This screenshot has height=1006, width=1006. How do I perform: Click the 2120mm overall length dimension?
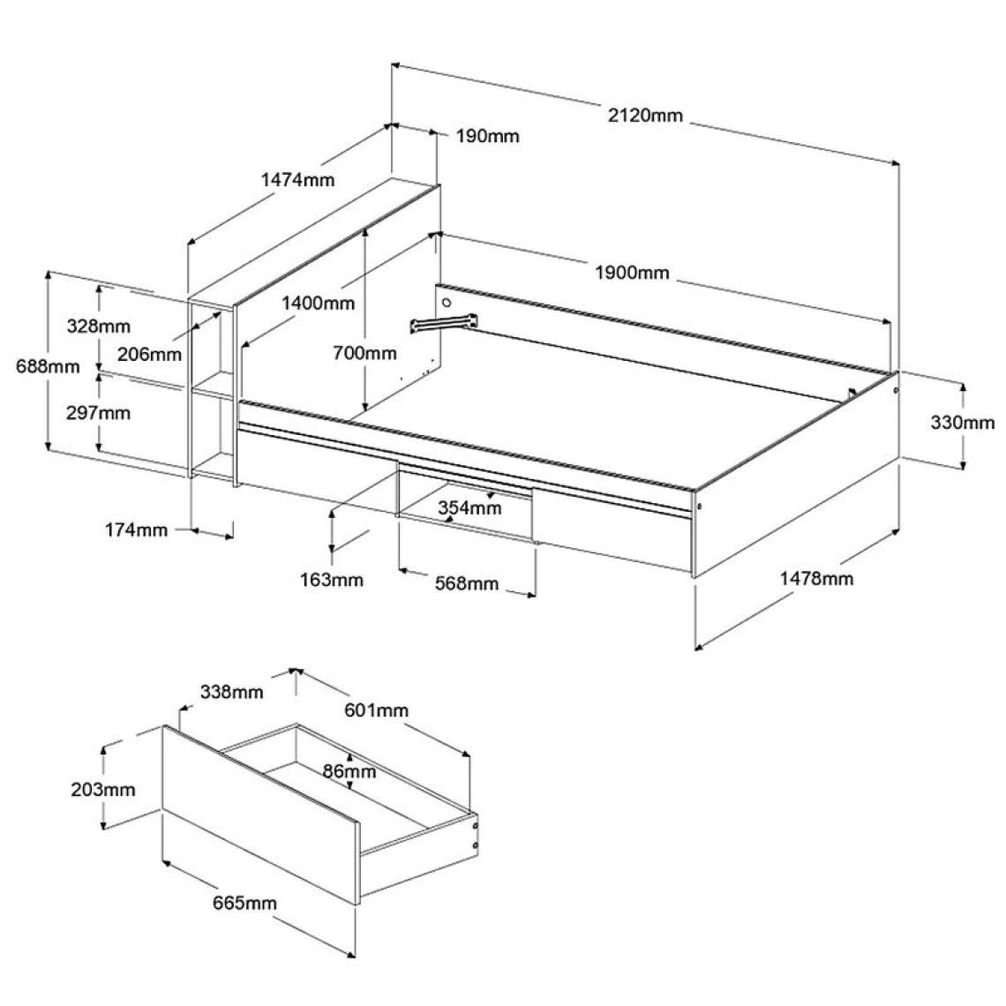pyautogui.click(x=644, y=115)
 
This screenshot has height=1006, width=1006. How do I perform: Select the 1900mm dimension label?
pyautogui.click(x=632, y=273)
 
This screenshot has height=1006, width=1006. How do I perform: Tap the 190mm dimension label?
pyautogui.click(x=488, y=136)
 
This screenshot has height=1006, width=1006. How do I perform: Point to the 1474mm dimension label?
pyautogui.click(x=298, y=180)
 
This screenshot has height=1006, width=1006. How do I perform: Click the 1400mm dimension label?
pyautogui.click(x=318, y=304)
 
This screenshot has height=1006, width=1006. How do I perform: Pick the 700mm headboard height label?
pyautogui.click(x=364, y=353)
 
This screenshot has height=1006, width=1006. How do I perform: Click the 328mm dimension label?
pyautogui.click(x=98, y=325)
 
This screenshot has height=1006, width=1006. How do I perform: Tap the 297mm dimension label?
pyautogui.click(x=98, y=412)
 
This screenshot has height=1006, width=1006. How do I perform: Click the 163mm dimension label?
pyautogui.click(x=331, y=580)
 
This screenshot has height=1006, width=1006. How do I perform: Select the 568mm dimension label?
pyautogui.click(x=468, y=584)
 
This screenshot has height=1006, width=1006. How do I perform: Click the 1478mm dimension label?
pyautogui.click(x=816, y=579)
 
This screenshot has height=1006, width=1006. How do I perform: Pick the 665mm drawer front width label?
pyautogui.click(x=244, y=903)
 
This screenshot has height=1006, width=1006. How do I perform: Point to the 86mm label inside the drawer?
pyautogui.click(x=349, y=772)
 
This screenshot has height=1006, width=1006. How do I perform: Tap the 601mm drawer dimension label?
pyautogui.click(x=377, y=710)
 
